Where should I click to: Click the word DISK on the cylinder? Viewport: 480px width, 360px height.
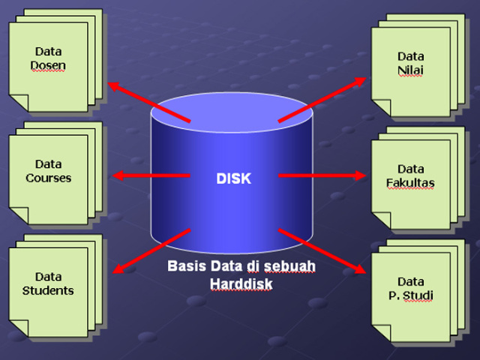tap(233, 179)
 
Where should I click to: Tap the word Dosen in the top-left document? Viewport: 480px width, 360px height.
tap(48, 65)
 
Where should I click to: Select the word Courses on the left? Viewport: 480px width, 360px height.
tap(48, 178)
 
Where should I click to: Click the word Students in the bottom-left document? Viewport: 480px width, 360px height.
tap(48, 290)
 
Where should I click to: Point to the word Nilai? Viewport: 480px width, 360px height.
tap(410, 70)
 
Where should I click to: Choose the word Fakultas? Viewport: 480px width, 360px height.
tap(410, 183)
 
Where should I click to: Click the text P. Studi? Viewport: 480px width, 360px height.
tap(410, 295)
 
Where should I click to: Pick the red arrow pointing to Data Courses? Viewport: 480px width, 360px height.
tap(150, 175)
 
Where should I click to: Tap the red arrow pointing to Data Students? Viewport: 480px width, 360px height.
tap(150, 250)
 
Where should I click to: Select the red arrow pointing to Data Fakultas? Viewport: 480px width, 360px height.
tap(322, 175)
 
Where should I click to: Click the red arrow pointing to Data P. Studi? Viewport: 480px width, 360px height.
tap(322, 250)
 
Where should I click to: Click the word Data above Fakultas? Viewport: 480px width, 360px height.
tap(410, 169)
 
